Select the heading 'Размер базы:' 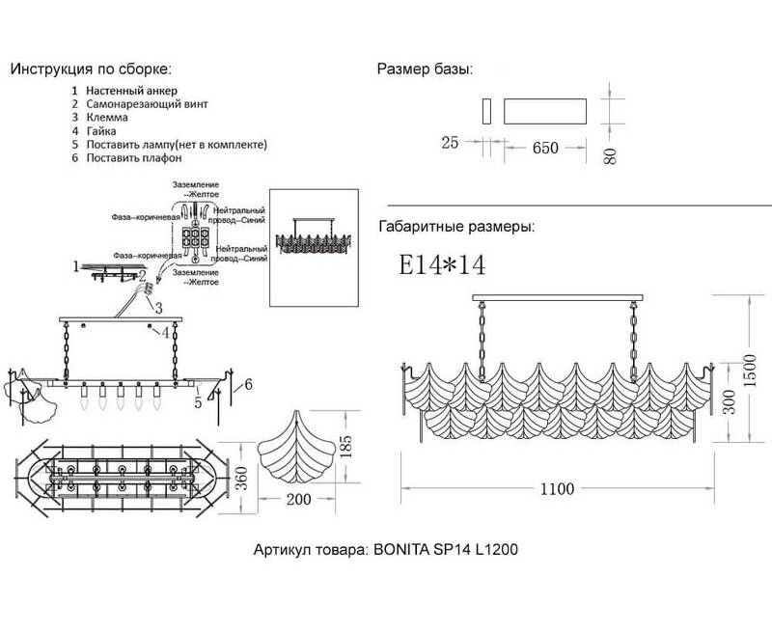click(424, 70)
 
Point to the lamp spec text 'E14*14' click(443, 264)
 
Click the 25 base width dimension click(450, 145)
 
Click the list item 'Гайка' click(101, 130)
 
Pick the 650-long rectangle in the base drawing click(545, 109)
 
